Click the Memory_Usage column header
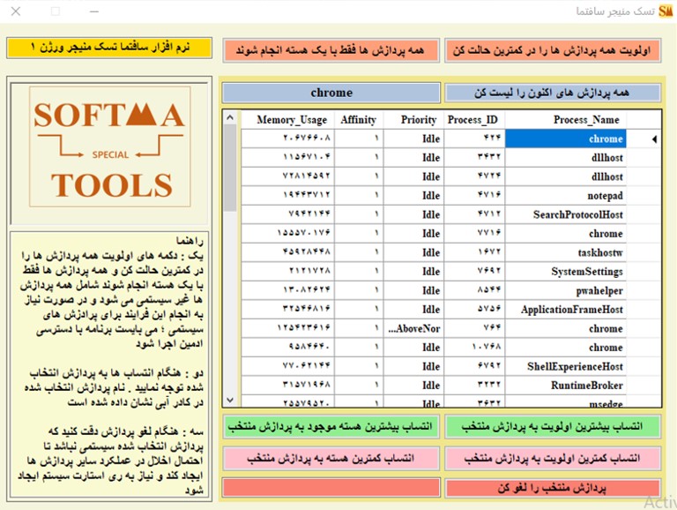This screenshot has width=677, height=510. (291, 120)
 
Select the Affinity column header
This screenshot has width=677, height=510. (359, 120)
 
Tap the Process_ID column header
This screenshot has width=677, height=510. (473, 120)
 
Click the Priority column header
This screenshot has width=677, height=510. (418, 120)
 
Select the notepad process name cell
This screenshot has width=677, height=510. (605, 196)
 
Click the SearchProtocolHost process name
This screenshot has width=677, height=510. (578, 215)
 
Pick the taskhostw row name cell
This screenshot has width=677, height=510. (602, 253)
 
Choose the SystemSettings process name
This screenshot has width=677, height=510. (587, 272)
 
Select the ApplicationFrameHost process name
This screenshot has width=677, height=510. (572, 311)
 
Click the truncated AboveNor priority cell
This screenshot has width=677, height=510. (413, 329)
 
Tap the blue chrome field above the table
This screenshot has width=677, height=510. (331, 93)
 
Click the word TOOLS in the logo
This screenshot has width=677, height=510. (111, 185)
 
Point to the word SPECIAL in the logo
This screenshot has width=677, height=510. (111, 154)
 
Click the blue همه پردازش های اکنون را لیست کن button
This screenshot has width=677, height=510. (553, 93)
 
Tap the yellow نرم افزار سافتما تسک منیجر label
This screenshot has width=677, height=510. (109, 47)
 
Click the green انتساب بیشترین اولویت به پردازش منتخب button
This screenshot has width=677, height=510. (553, 427)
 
